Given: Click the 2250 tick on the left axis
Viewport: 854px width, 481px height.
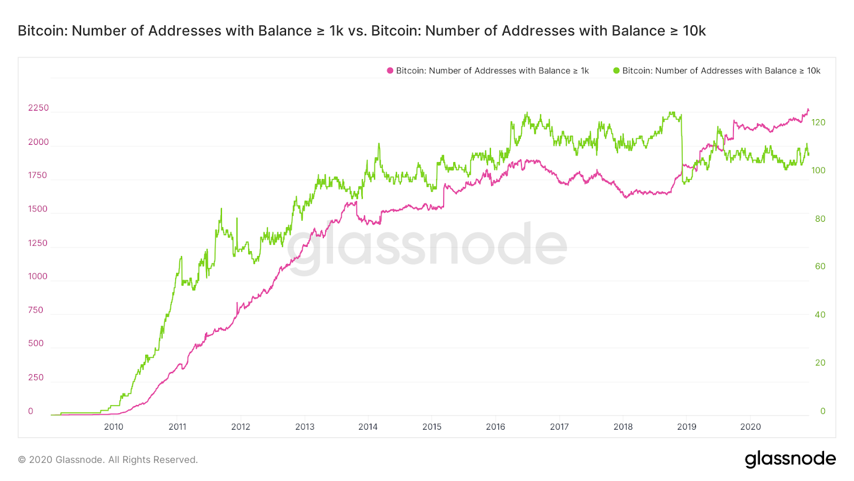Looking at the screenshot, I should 38,108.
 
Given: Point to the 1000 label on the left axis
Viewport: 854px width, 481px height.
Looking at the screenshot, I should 37,276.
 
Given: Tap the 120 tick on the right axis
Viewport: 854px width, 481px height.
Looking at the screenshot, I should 818,122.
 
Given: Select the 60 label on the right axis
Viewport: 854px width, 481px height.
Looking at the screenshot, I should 820,266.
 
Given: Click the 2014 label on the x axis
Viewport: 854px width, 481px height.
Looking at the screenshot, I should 368,426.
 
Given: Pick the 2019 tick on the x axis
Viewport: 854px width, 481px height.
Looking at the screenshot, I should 686,426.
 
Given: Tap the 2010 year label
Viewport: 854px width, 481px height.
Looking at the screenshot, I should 113,426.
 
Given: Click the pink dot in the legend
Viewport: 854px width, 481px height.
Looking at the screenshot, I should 390,71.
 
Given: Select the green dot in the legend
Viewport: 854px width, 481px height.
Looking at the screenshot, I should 616,71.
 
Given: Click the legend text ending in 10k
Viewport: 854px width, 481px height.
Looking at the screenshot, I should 721,71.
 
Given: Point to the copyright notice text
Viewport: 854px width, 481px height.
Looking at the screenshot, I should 108,460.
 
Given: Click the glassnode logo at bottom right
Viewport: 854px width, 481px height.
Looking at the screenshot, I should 790,459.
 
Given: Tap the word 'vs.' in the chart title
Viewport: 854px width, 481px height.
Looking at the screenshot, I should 357,31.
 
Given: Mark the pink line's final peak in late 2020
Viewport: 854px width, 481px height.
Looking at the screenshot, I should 808,110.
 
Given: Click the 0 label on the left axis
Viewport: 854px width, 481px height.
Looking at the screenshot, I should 30,411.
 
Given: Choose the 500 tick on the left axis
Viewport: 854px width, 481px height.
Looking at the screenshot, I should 36,343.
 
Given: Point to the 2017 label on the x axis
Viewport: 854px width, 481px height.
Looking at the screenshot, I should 559,426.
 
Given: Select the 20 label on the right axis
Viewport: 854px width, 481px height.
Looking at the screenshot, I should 820,362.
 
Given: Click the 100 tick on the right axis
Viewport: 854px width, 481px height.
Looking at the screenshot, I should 818,170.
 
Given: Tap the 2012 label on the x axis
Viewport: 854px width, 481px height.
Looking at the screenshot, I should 241,426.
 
